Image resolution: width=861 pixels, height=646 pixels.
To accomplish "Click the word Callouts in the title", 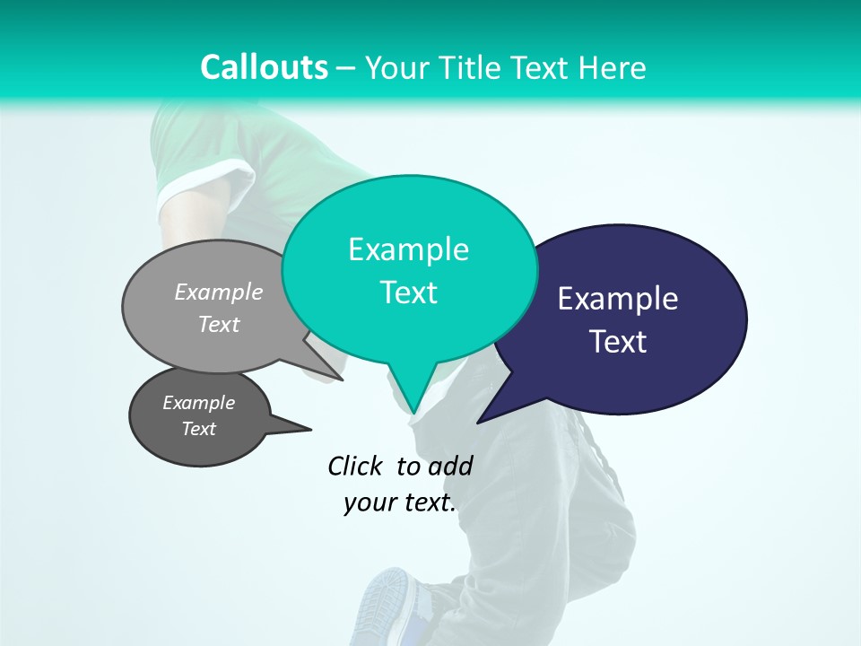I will click(x=264, y=67).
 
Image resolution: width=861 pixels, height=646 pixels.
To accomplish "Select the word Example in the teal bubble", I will click(x=408, y=249).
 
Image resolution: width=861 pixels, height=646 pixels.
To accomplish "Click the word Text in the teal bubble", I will click(x=408, y=292).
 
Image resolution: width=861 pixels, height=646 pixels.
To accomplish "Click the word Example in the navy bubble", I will click(x=617, y=299).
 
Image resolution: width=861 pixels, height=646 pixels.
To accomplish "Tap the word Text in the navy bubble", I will click(x=617, y=342).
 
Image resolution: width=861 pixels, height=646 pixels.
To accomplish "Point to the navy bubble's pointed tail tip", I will click(x=478, y=423).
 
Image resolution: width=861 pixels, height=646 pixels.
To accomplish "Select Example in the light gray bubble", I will click(x=218, y=292).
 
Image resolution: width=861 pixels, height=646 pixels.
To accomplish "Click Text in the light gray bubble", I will click(x=218, y=324).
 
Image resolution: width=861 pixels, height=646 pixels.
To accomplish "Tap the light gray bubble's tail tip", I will click(x=343, y=380).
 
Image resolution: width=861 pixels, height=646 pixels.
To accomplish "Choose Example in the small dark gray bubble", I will click(x=198, y=403).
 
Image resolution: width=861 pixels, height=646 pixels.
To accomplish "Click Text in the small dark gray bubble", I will click(x=198, y=429).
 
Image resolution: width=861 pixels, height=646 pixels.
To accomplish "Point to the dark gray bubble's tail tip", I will click(x=311, y=429).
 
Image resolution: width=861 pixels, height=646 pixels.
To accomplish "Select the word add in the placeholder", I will click(x=450, y=466).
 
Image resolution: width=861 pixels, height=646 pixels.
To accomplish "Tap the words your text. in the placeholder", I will click(x=400, y=502).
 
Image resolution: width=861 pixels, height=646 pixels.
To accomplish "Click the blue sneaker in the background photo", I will click(x=387, y=606).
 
